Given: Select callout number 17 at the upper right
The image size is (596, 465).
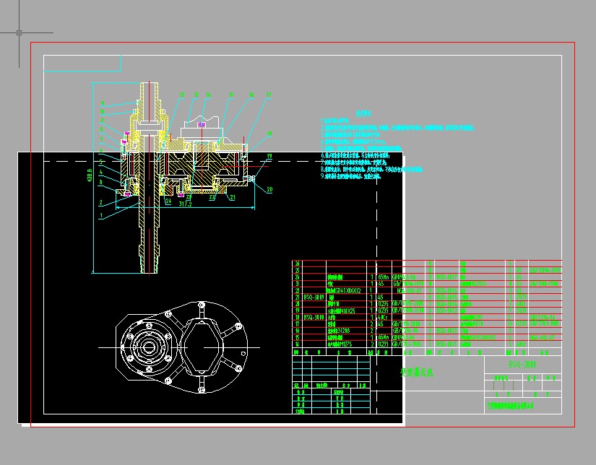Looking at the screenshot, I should click(269, 94).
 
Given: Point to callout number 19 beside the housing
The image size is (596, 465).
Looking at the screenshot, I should click(269, 156).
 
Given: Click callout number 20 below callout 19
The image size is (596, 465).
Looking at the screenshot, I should click(269, 190).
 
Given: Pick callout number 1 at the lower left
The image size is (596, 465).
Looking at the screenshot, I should click(101, 215).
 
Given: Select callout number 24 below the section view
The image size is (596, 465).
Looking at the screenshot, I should click(167, 201).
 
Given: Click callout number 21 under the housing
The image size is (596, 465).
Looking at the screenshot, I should click(233, 196).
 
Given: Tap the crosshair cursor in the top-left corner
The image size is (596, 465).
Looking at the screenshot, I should click(19, 32).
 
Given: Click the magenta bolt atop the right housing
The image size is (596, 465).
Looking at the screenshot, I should click(203, 124).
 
